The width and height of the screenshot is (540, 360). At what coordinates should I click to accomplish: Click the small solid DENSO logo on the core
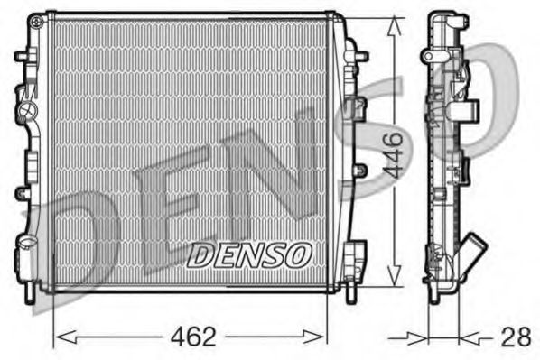tap(247, 254)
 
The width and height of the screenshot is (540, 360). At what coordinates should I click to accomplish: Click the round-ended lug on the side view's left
tap(425, 56)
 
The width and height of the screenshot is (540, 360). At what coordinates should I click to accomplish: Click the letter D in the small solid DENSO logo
tap(198, 254)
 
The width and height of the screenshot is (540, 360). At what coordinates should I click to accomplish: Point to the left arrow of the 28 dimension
tap(420, 338)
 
